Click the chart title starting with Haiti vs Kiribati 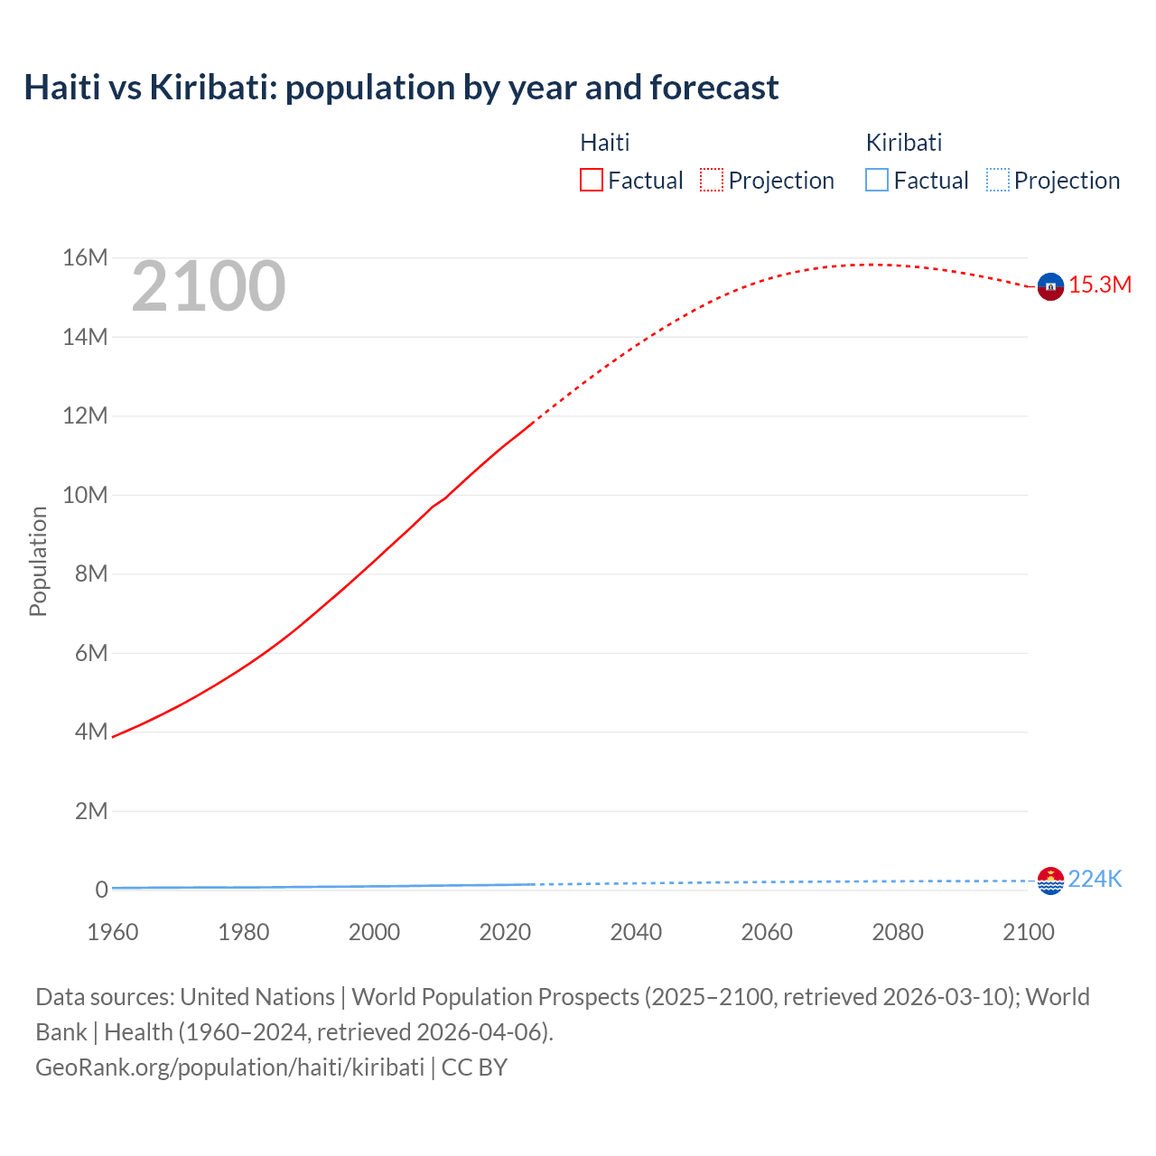pyautogui.click(x=401, y=88)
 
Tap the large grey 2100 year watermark pyautogui.click(x=209, y=287)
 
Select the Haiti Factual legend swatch pyautogui.click(x=591, y=180)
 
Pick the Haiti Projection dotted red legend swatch pyautogui.click(x=712, y=180)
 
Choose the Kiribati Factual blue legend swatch pyautogui.click(x=876, y=180)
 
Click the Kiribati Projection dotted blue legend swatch pyautogui.click(x=997, y=180)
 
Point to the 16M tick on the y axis pyautogui.click(x=85, y=258)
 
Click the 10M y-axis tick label pyautogui.click(x=85, y=495)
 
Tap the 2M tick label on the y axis pyautogui.click(x=91, y=811)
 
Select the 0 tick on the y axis pyautogui.click(x=101, y=890)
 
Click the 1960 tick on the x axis pyautogui.click(x=113, y=932)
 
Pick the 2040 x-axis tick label pyautogui.click(x=636, y=932)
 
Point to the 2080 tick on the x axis pyautogui.click(x=898, y=932)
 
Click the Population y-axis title pyautogui.click(x=38, y=561)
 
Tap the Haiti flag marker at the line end pyautogui.click(x=1050, y=286)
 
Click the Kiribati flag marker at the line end pyautogui.click(x=1050, y=881)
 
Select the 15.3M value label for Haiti pyautogui.click(x=1100, y=285)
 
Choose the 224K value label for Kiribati pyautogui.click(x=1095, y=880)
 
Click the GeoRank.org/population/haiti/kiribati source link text pyautogui.click(x=229, y=1067)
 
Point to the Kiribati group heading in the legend pyautogui.click(x=903, y=143)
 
